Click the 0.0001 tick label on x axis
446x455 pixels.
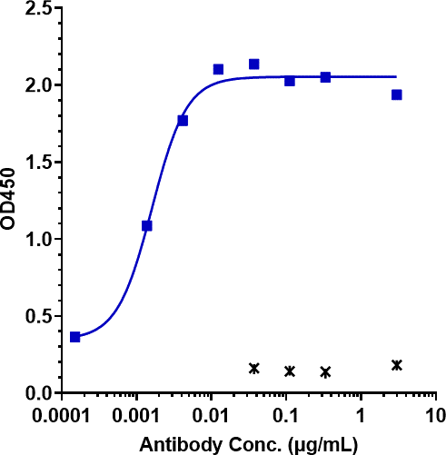61,412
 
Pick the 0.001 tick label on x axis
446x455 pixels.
136,412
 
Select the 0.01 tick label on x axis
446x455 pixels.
211,412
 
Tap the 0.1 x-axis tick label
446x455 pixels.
285,412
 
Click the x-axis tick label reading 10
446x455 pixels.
435,412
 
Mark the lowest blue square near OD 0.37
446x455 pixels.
74,337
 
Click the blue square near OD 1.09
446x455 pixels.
147,225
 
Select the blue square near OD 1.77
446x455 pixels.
183,121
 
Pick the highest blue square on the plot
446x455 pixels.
254,64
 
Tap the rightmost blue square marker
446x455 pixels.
397,94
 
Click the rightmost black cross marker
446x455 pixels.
397,365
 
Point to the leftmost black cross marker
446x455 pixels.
254,368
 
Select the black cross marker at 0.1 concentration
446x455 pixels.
290,371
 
